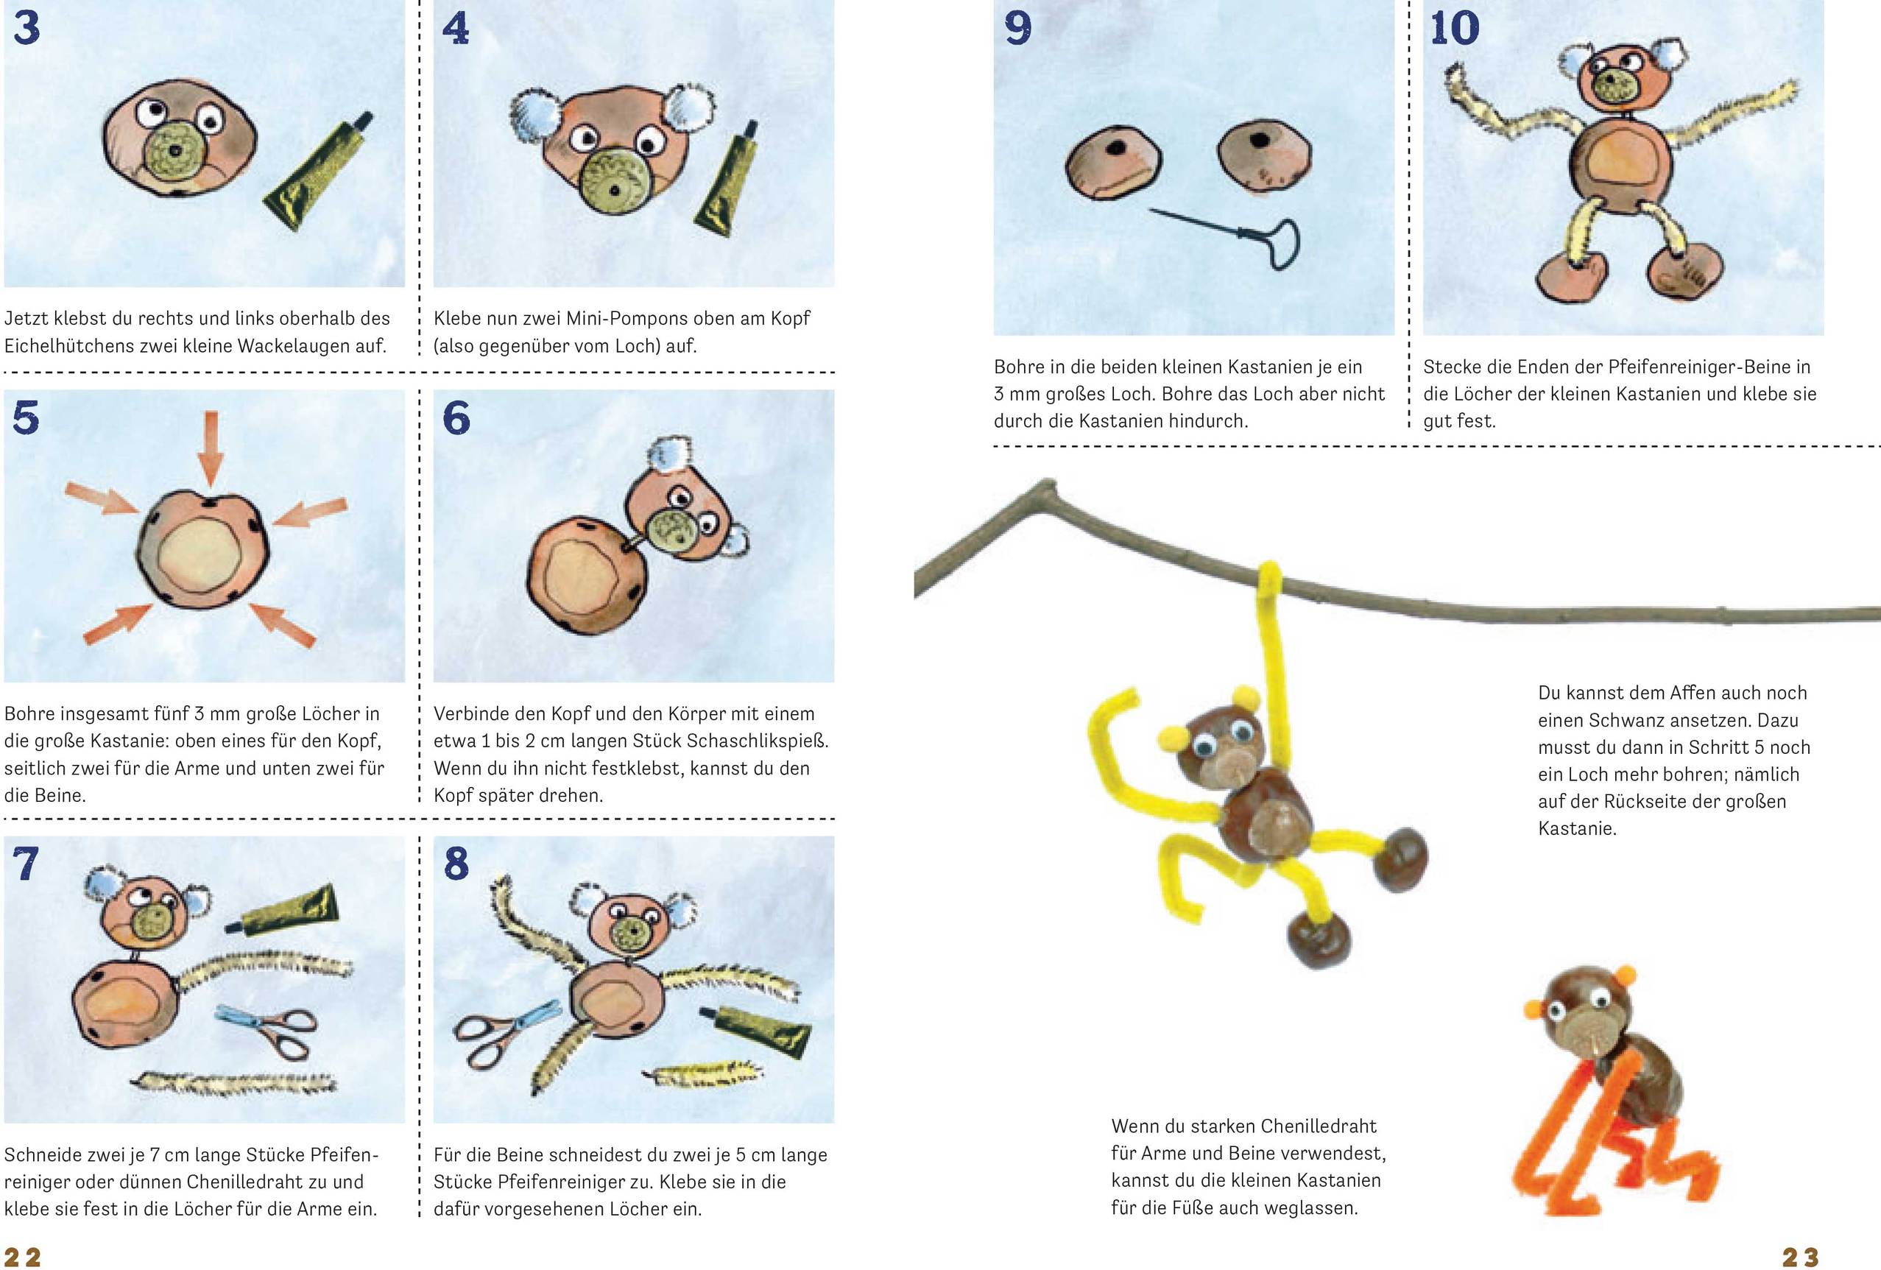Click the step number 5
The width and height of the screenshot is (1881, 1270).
tap(26, 417)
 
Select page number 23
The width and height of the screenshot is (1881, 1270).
tap(1800, 1257)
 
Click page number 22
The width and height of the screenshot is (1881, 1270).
tap(23, 1257)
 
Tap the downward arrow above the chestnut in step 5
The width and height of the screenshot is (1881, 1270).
tap(211, 448)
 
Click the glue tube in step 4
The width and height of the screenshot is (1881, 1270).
tap(727, 179)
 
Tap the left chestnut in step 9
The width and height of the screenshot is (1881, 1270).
tap(1113, 162)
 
